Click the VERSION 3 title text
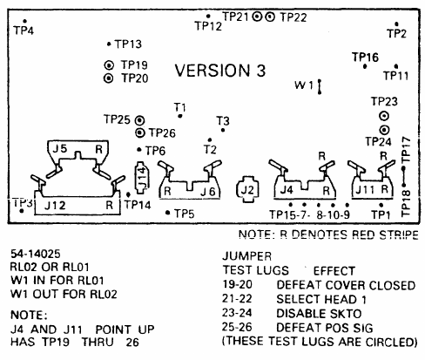pos(220,71)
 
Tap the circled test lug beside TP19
pos(109,65)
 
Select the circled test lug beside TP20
pos(109,78)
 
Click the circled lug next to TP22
pos(270,17)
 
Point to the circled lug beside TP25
pos(140,119)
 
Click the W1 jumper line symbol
pos(320,86)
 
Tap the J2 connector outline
pos(247,189)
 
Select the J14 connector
pos(141,178)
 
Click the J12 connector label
pos(55,206)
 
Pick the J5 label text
pos(60,148)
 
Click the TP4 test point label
pos(24,31)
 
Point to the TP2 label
pos(397,33)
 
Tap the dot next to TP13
pos(109,44)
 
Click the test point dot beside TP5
pos(167,213)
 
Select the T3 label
pos(223,120)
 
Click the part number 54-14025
pos(36,254)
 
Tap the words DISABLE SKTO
pos(319,314)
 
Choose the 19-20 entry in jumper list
pos(237,284)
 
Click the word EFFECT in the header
pos(334,271)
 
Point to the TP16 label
pos(365,58)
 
